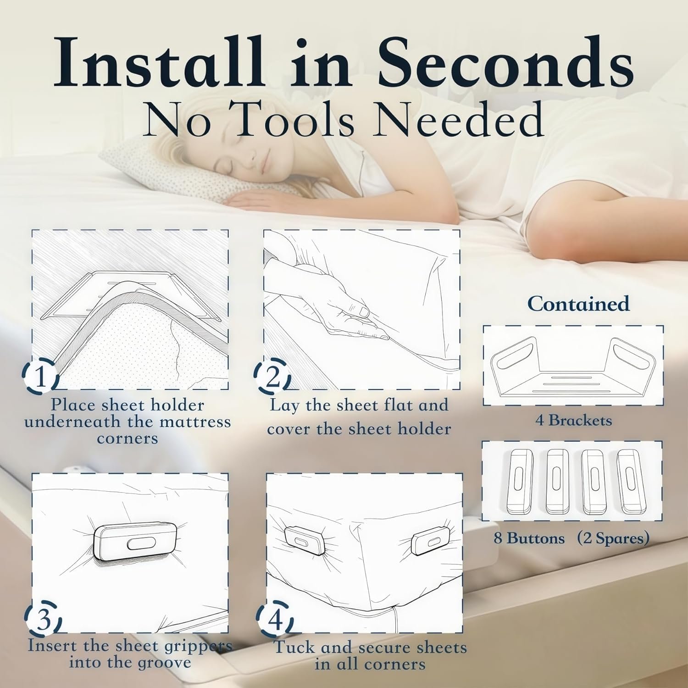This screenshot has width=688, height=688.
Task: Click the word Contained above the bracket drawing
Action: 578,304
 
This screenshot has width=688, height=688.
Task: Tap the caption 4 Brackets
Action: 573,420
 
